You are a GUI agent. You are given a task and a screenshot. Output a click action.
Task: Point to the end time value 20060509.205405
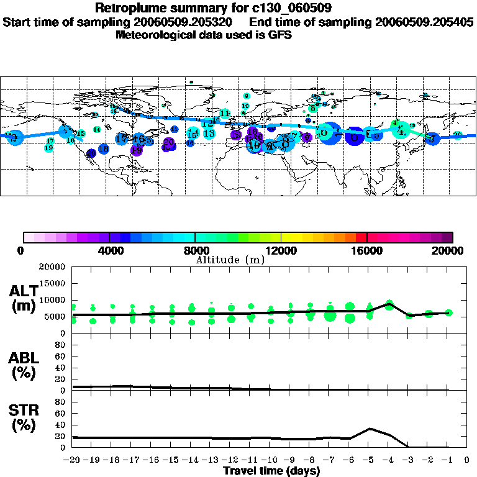pyautogui.click(x=424, y=22)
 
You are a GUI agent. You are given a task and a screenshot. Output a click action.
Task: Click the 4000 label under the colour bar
pyautogui.click(x=109, y=251)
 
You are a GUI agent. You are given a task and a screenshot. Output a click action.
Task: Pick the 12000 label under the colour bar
pyautogui.click(x=281, y=251)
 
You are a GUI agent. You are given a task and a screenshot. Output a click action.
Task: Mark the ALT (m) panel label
pyautogui.click(x=24, y=298)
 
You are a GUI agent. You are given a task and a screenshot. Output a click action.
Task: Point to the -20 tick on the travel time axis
pyautogui.click(x=72, y=460)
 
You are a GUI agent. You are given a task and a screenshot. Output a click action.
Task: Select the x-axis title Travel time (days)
pyautogui.click(x=271, y=471)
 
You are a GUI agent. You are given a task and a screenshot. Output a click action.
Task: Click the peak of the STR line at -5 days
pyautogui.click(x=370, y=428)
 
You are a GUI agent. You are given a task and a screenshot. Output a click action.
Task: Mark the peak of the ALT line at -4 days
pyautogui.click(x=389, y=303)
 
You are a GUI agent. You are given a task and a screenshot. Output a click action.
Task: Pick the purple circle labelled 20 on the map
pyautogui.click(x=168, y=143)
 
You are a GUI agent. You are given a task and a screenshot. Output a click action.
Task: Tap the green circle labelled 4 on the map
pyautogui.click(x=401, y=130)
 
